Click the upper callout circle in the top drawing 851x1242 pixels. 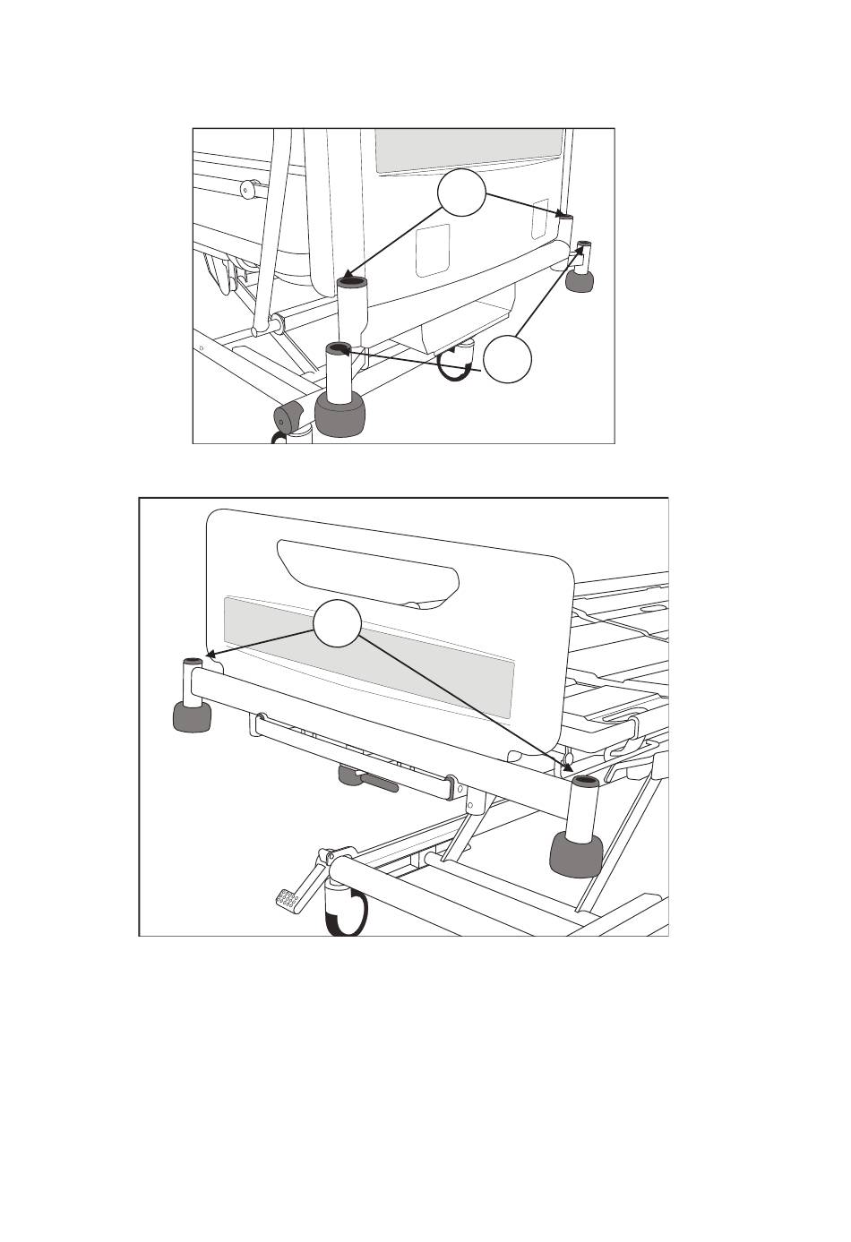pyautogui.click(x=461, y=192)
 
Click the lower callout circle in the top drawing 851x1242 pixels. pyautogui.click(x=508, y=360)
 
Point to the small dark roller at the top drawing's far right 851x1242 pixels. pyautogui.click(x=580, y=281)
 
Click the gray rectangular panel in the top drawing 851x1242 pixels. pyautogui.click(x=469, y=150)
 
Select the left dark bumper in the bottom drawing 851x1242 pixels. pyautogui.click(x=193, y=716)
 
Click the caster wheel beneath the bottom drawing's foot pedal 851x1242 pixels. pyautogui.click(x=346, y=913)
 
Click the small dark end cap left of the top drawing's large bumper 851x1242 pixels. pyautogui.click(x=288, y=416)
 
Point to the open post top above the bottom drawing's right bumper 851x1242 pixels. pyautogui.click(x=584, y=784)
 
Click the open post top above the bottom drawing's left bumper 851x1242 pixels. pyautogui.click(x=193, y=662)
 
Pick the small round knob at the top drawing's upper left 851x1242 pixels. pyautogui.click(x=249, y=189)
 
